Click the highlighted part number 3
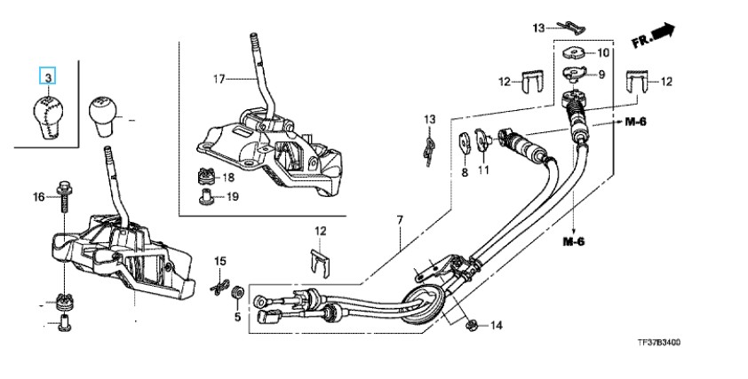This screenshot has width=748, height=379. click(48, 76)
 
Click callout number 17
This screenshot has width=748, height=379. click(219, 79)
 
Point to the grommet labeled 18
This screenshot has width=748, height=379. click(205, 177)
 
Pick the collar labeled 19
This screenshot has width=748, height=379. click(205, 196)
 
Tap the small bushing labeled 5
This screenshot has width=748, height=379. click(237, 292)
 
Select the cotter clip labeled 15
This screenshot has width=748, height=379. click(219, 287)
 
